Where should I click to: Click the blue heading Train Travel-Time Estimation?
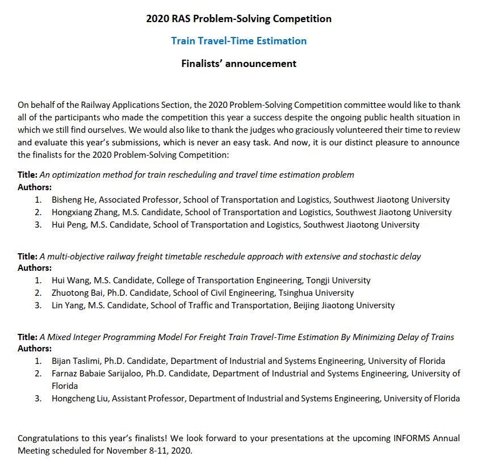point(238,41)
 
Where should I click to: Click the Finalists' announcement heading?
point(238,63)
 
